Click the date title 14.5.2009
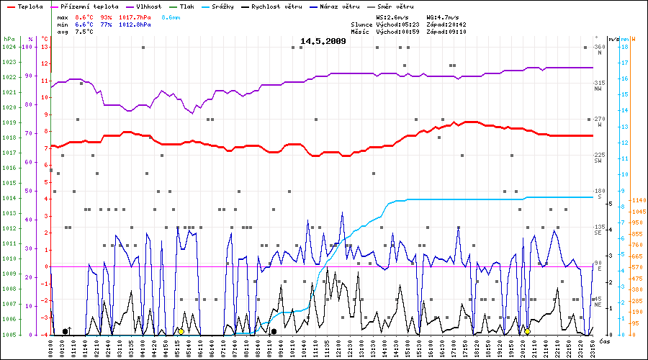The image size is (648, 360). (323, 41)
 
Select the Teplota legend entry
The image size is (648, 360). (25, 6)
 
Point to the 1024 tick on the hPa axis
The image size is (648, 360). (9, 48)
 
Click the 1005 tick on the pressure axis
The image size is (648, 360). (9, 335)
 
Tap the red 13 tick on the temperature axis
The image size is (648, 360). (45, 48)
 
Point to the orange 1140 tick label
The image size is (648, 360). (636, 200)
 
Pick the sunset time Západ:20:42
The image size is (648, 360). (446, 24)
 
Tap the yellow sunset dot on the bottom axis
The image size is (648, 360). (528, 331)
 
